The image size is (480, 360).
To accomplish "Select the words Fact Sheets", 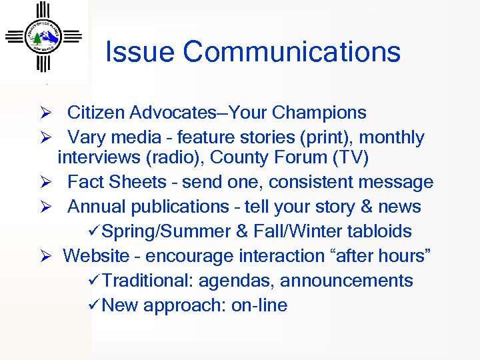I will pos(117,182).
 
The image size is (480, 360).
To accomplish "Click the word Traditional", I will pos(147,281).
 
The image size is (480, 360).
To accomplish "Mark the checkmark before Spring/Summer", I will pos(93,231).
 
